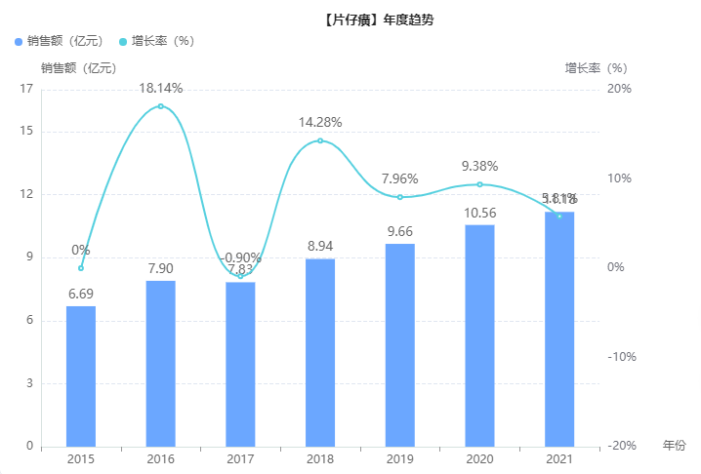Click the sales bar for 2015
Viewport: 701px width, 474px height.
point(81,375)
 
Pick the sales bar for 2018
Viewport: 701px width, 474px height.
point(320,352)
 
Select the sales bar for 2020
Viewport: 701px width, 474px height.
point(479,336)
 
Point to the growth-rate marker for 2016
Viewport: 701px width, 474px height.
point(161,106)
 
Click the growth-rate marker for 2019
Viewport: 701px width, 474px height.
point(400,197)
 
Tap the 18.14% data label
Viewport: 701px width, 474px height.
point(161,89)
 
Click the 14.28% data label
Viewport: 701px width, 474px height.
point(320,123)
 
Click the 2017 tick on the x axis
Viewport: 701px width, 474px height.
point(240,459)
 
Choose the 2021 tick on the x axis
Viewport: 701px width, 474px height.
point(559,459)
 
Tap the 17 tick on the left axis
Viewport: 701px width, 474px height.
point(26,89)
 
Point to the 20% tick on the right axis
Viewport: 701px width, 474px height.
point(619,89)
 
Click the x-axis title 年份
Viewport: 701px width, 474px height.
point(675,446)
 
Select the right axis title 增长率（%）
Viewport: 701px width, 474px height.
point(596,68)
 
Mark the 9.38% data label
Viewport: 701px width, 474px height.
point(479,166)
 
